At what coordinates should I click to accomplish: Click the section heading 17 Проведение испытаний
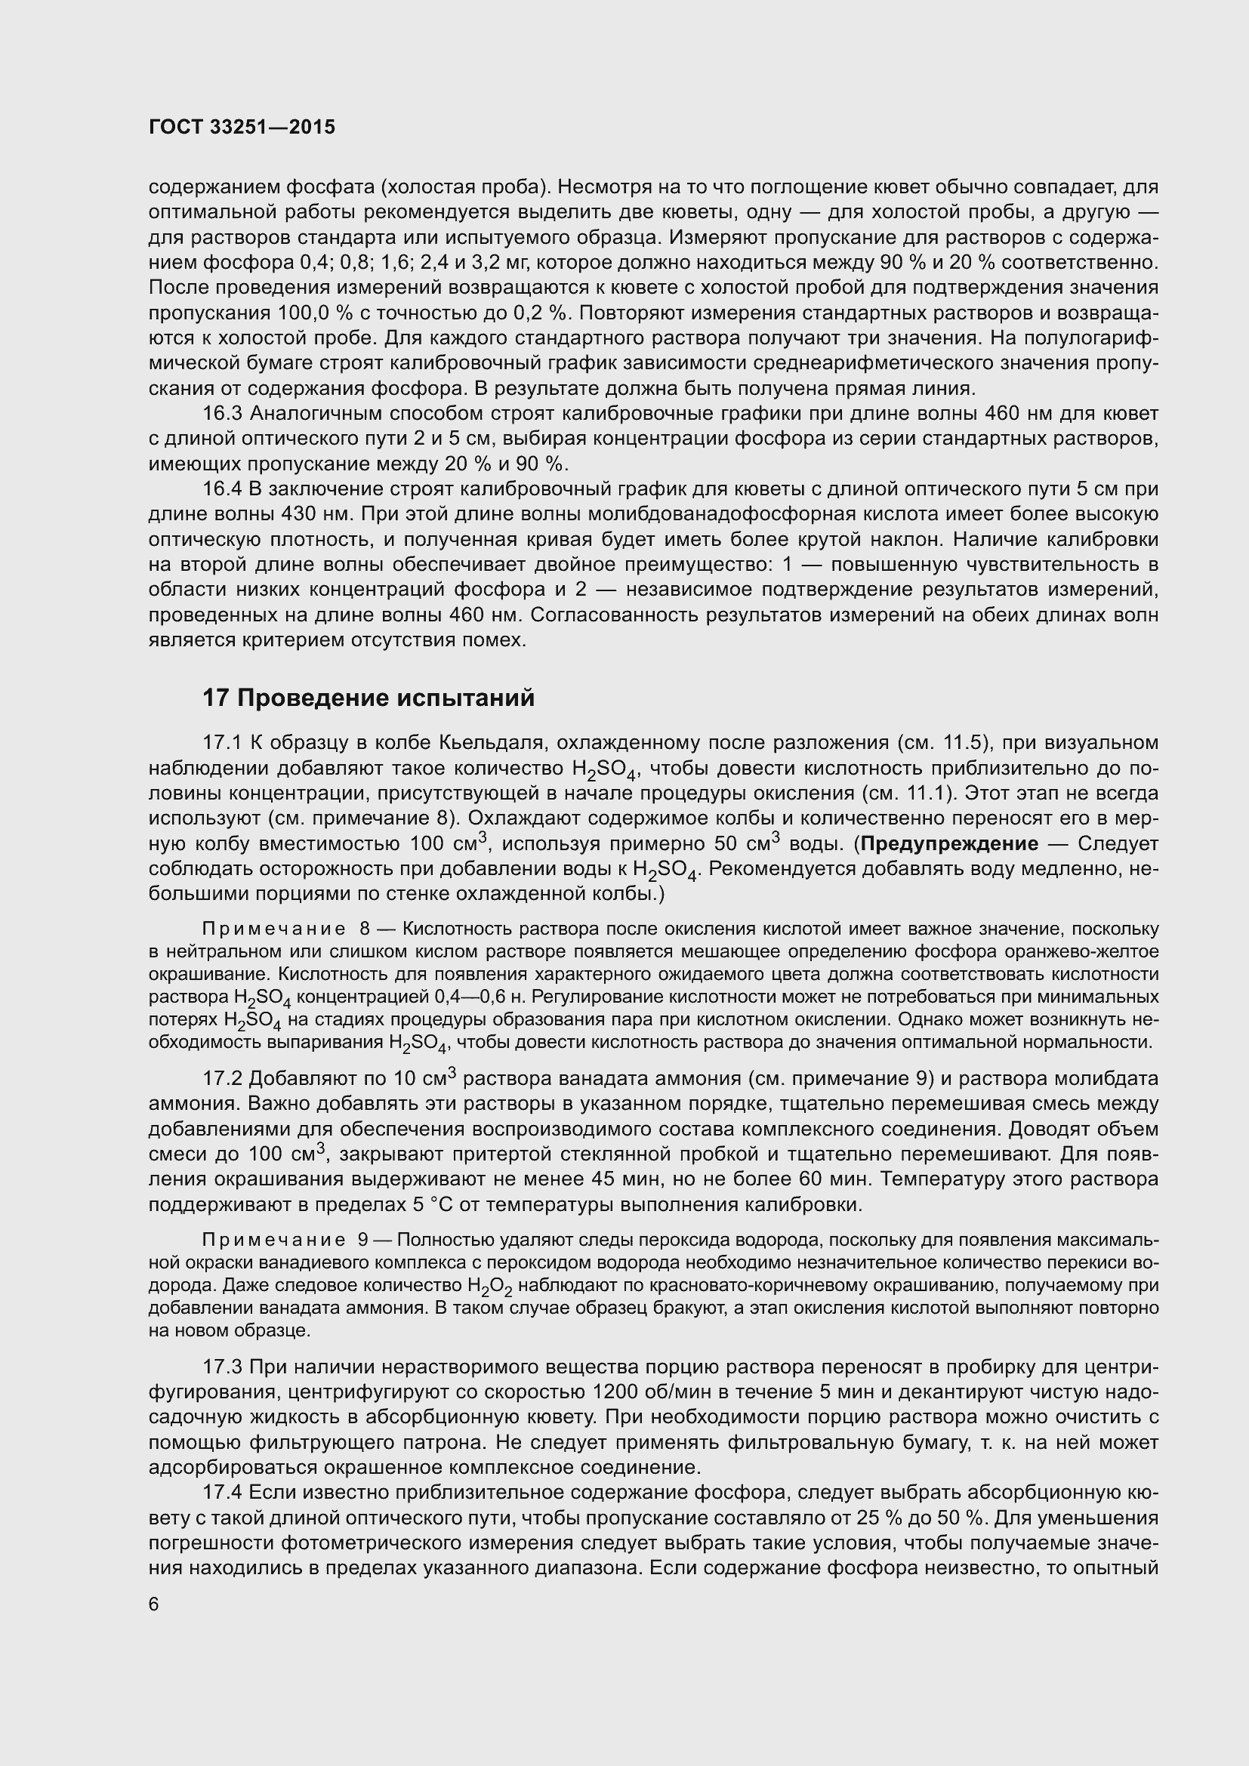coord(368,698)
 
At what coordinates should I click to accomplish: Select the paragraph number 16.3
coord(222,414)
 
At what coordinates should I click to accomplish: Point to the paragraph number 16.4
coord(222,489)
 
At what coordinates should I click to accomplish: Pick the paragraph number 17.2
coord(222,1079)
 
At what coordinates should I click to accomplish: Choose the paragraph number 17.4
coord(222,1493)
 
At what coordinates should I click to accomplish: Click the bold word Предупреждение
coord(949,844)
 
